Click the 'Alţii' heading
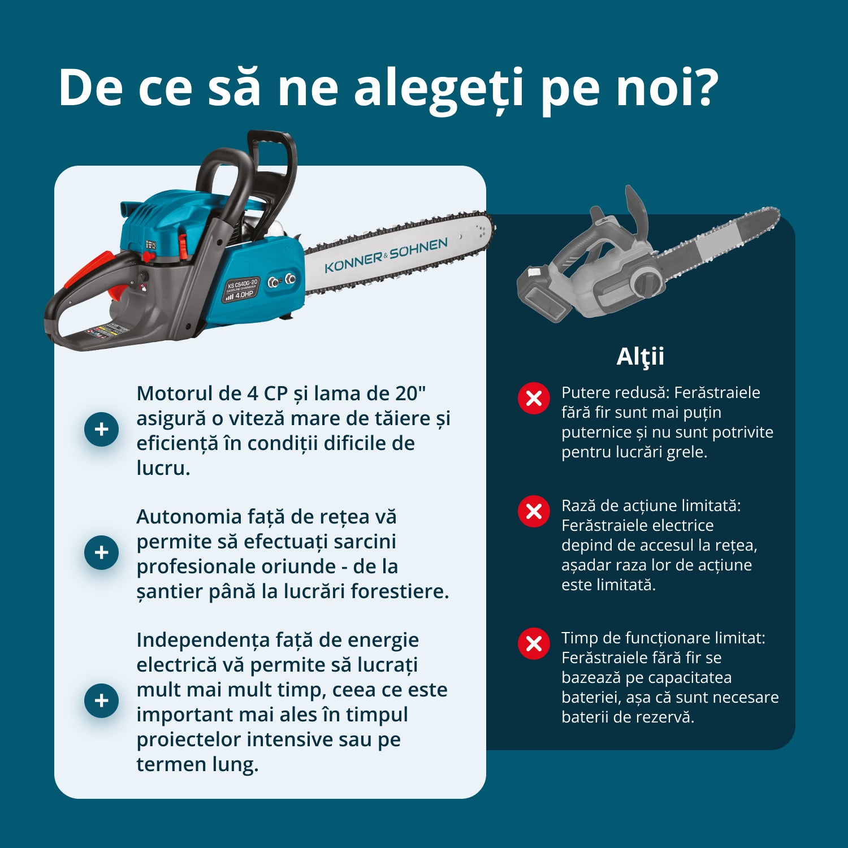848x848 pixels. click(640, 357)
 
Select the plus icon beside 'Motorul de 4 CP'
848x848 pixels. click(101, 429)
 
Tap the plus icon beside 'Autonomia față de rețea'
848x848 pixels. click(101, 552)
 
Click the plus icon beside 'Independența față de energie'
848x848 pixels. click(101, 700)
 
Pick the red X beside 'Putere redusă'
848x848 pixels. click(534, 399)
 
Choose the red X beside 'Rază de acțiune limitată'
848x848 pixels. click(534, 512)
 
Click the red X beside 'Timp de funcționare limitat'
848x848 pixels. click(534, 643)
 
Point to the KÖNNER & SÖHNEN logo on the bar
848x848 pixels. click(386, 256)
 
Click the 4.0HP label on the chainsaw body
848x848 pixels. click(244, 295)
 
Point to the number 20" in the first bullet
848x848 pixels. click(410, 393)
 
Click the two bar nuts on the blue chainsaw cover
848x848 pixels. click(282, 280)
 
